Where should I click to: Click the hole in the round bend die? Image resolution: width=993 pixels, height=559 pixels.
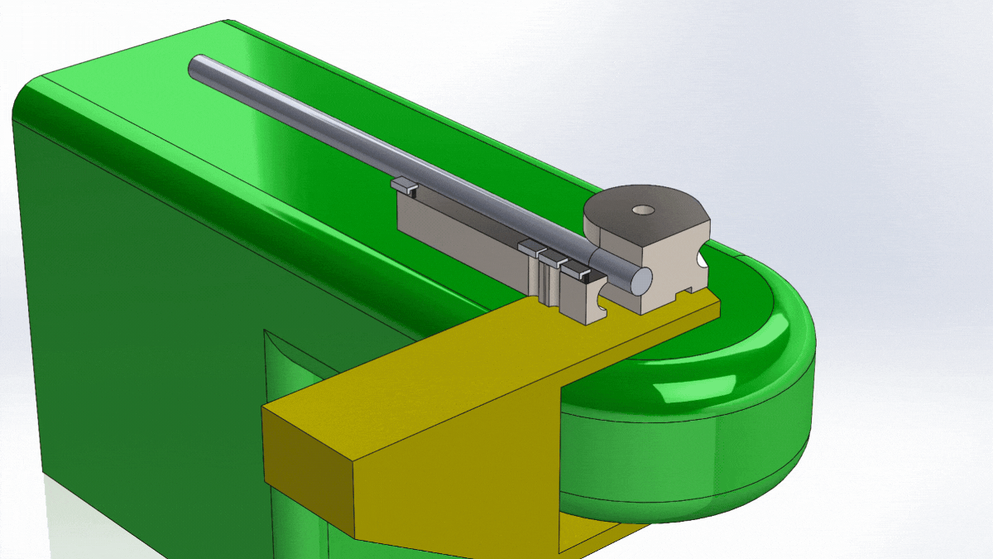point(640,210)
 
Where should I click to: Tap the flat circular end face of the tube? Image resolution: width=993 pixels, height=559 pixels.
point(639,279)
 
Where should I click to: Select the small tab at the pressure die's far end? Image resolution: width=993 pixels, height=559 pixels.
point(402,186)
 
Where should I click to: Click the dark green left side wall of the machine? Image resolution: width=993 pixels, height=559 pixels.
point(124,331)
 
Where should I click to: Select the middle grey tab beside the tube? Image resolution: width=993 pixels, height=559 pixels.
point(549,258)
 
